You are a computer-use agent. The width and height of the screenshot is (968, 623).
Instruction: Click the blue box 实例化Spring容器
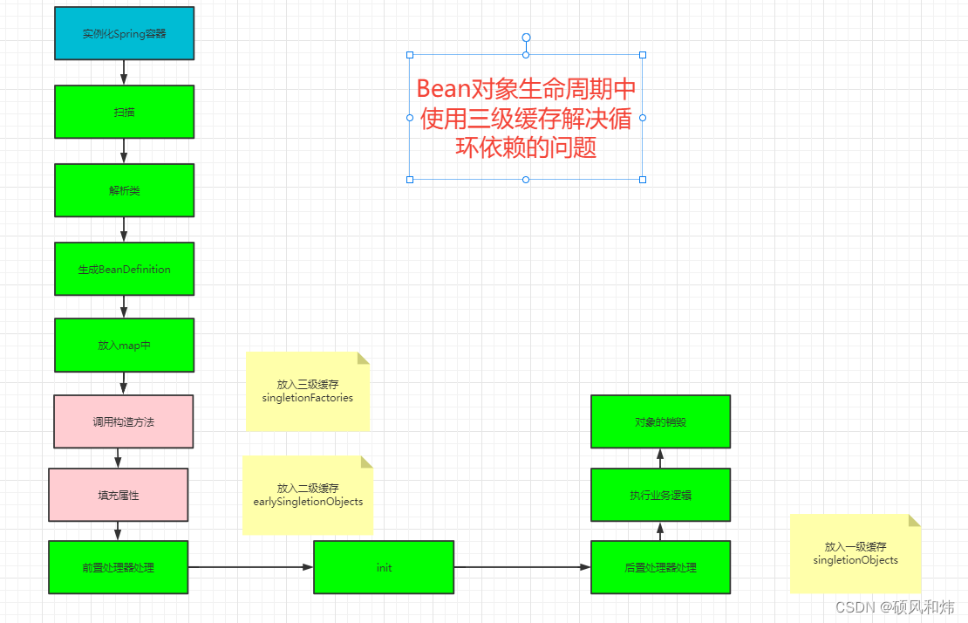pos(124,34)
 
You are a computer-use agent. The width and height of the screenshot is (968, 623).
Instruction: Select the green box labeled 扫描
pos(124,112)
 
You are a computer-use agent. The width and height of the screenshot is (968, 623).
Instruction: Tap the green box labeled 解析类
pos(124,190)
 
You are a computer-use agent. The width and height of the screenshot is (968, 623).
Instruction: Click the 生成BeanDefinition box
pos(124,269)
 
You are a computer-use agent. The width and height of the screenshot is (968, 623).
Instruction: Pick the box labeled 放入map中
pos(124,345)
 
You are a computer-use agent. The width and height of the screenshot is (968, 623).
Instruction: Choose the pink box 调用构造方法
pos(123,421)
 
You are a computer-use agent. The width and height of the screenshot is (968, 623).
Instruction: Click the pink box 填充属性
pos(118,495)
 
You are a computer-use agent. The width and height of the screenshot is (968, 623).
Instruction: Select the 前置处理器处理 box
pos(118,567)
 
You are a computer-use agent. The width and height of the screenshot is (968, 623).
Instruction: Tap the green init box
pos(384,567)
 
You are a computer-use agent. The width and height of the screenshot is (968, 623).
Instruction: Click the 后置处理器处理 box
pos(660,567)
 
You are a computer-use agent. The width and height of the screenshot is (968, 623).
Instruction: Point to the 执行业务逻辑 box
pos(660,495)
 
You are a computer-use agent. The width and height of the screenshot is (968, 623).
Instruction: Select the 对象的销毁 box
pos(660,421)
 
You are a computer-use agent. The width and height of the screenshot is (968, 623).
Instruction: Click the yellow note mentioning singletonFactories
pos(307,391)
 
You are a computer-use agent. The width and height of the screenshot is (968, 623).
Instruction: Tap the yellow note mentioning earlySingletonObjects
pos(307,495)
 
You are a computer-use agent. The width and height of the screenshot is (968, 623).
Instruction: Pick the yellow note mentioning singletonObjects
pos(855,553)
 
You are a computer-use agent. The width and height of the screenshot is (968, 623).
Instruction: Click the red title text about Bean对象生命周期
pos(526,118)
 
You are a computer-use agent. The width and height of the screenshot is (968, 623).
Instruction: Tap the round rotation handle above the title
pos(526,38)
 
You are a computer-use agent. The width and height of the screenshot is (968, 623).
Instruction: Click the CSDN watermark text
pos(895,606)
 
